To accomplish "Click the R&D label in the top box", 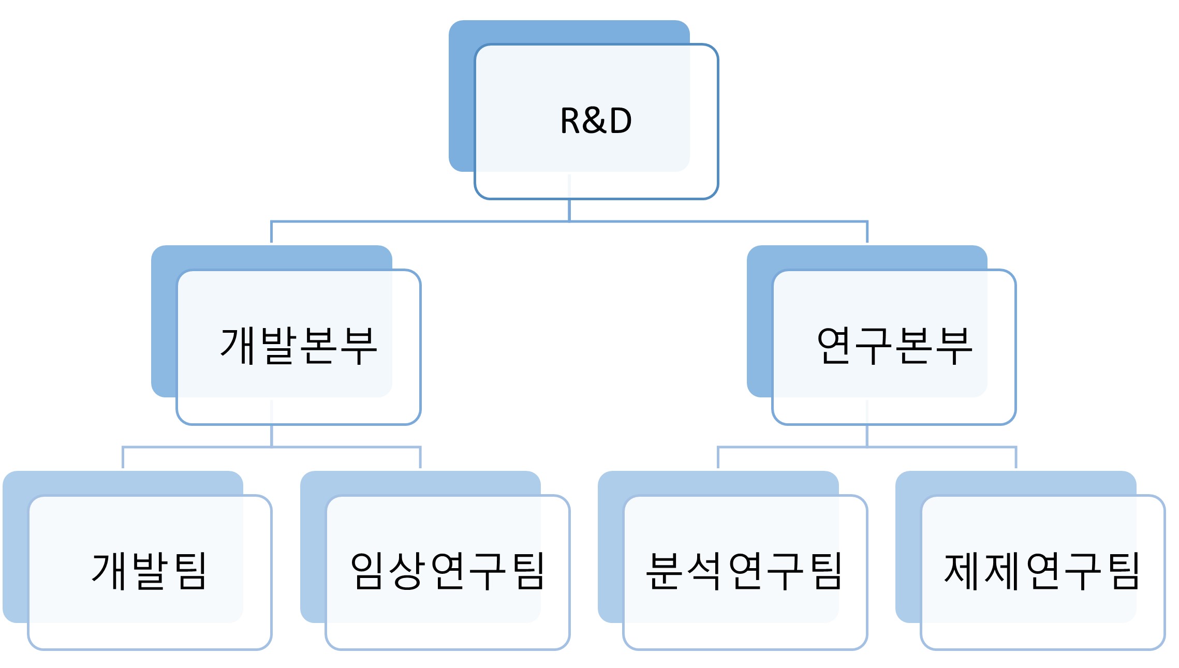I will (x=596, y=121).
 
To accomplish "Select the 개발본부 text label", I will (x=299, y=346).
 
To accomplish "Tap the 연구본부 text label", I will (x=894, y=346).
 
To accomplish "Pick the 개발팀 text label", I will (x=150, y=571).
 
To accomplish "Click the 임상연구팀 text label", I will (x=448, y=571).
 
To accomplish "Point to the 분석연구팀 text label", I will (x=745, y=571).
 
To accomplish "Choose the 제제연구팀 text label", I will (x=1042, y=571).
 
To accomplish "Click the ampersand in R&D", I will (x=596, y=121).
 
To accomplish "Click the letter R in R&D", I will (x=571, y=121).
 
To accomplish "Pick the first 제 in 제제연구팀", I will (x=962, y=571).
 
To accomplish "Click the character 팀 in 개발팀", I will (x=190, y=571).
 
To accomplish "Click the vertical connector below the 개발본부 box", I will (x=272, y=436).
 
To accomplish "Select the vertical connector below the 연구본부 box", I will (x=867, y=436).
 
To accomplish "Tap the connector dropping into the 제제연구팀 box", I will (x=1016, y=457).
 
